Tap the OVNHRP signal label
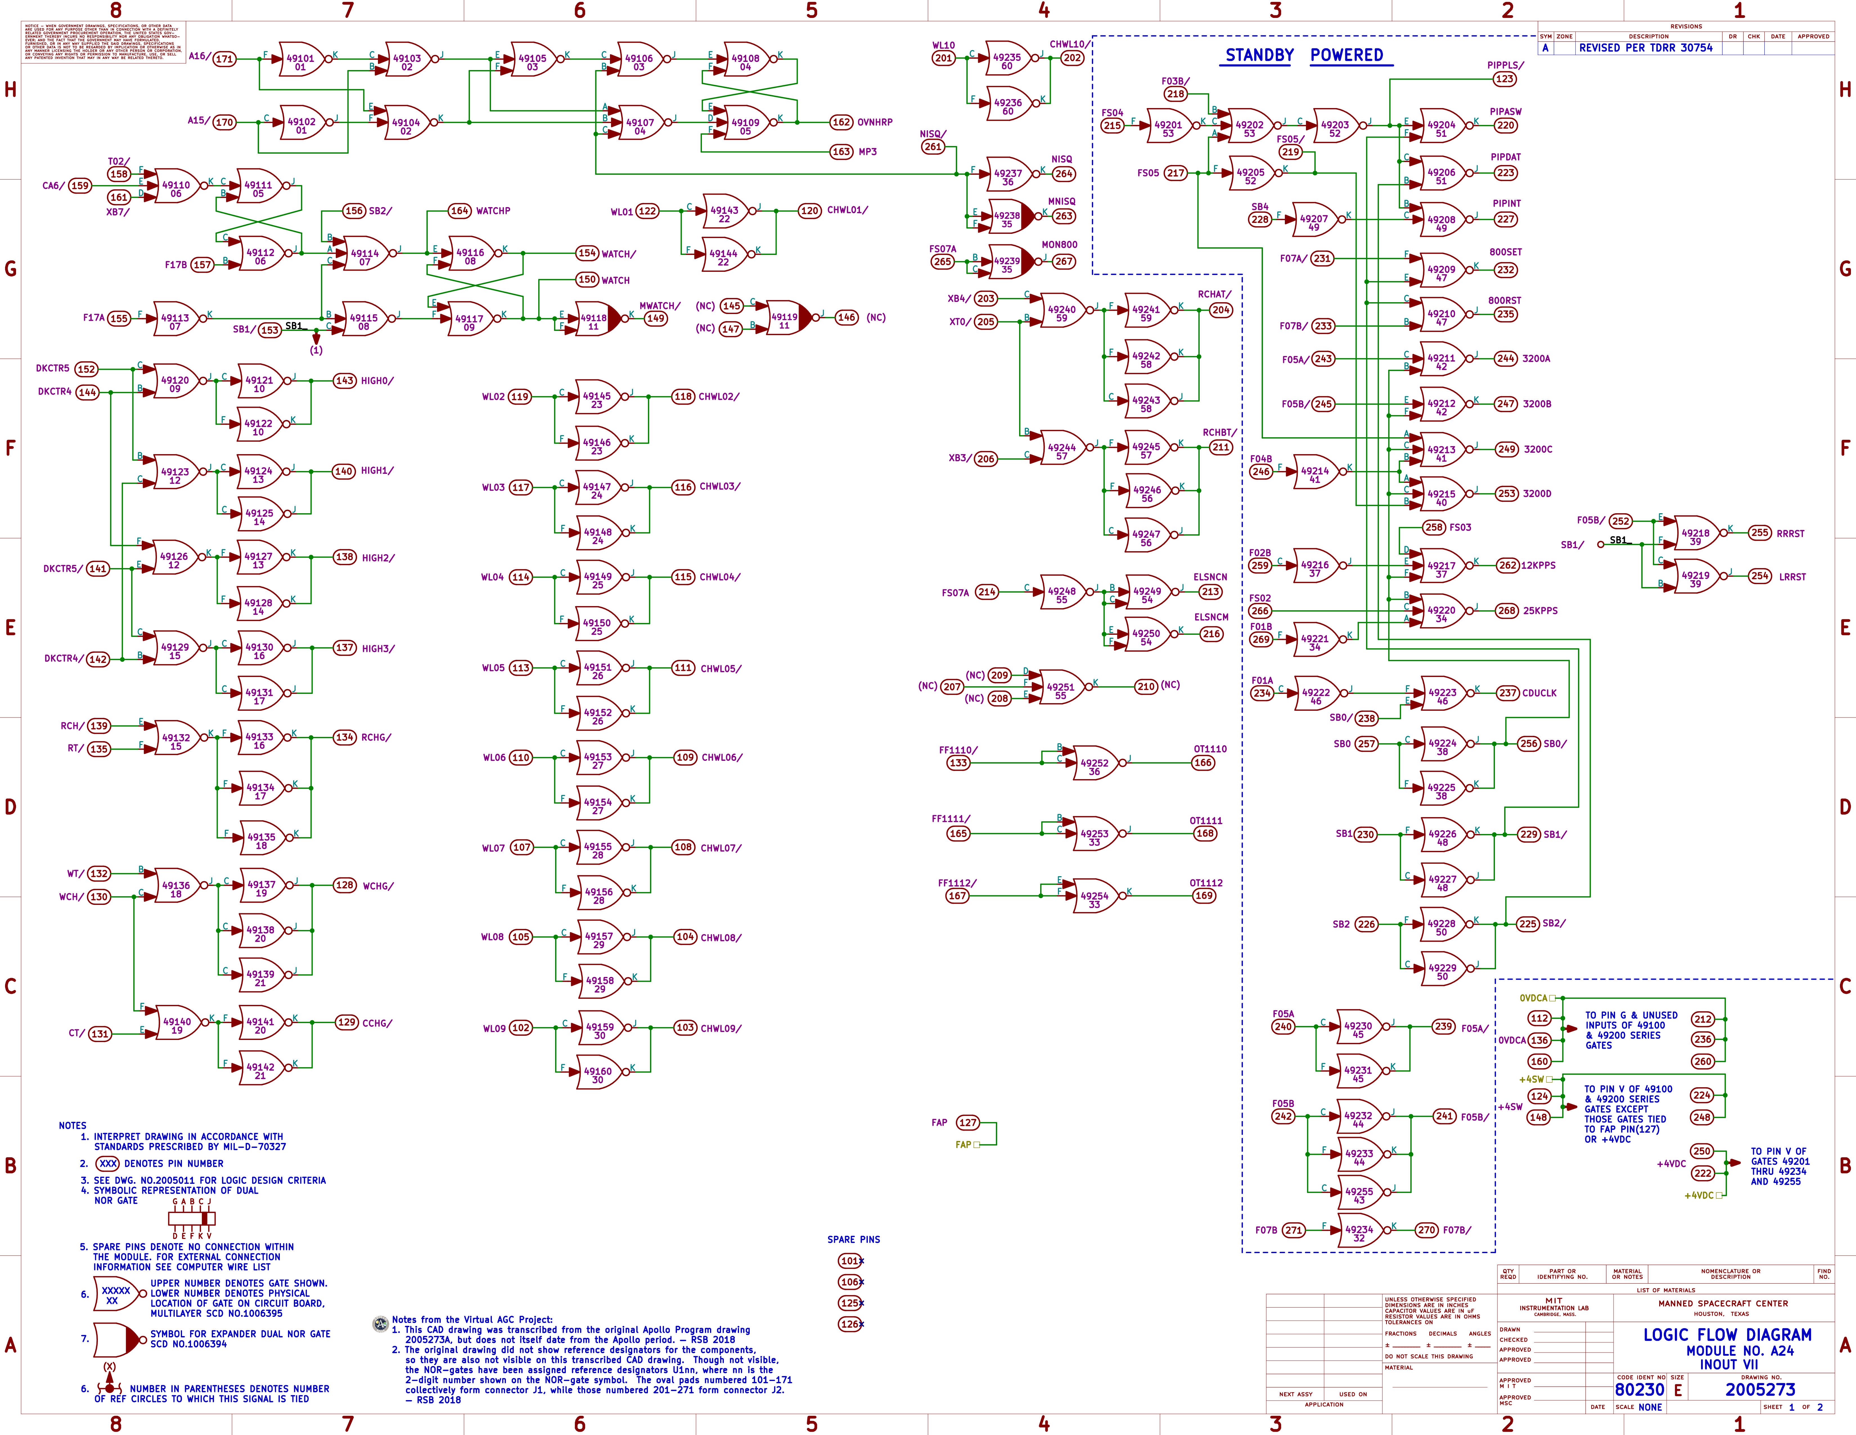coord(875,122)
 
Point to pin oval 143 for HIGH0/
coord(344,381)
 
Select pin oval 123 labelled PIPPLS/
coord(1504,79)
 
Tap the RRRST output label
coord(1790,534)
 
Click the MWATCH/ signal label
coord(659,306)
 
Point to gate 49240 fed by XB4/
coord(1061,313)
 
